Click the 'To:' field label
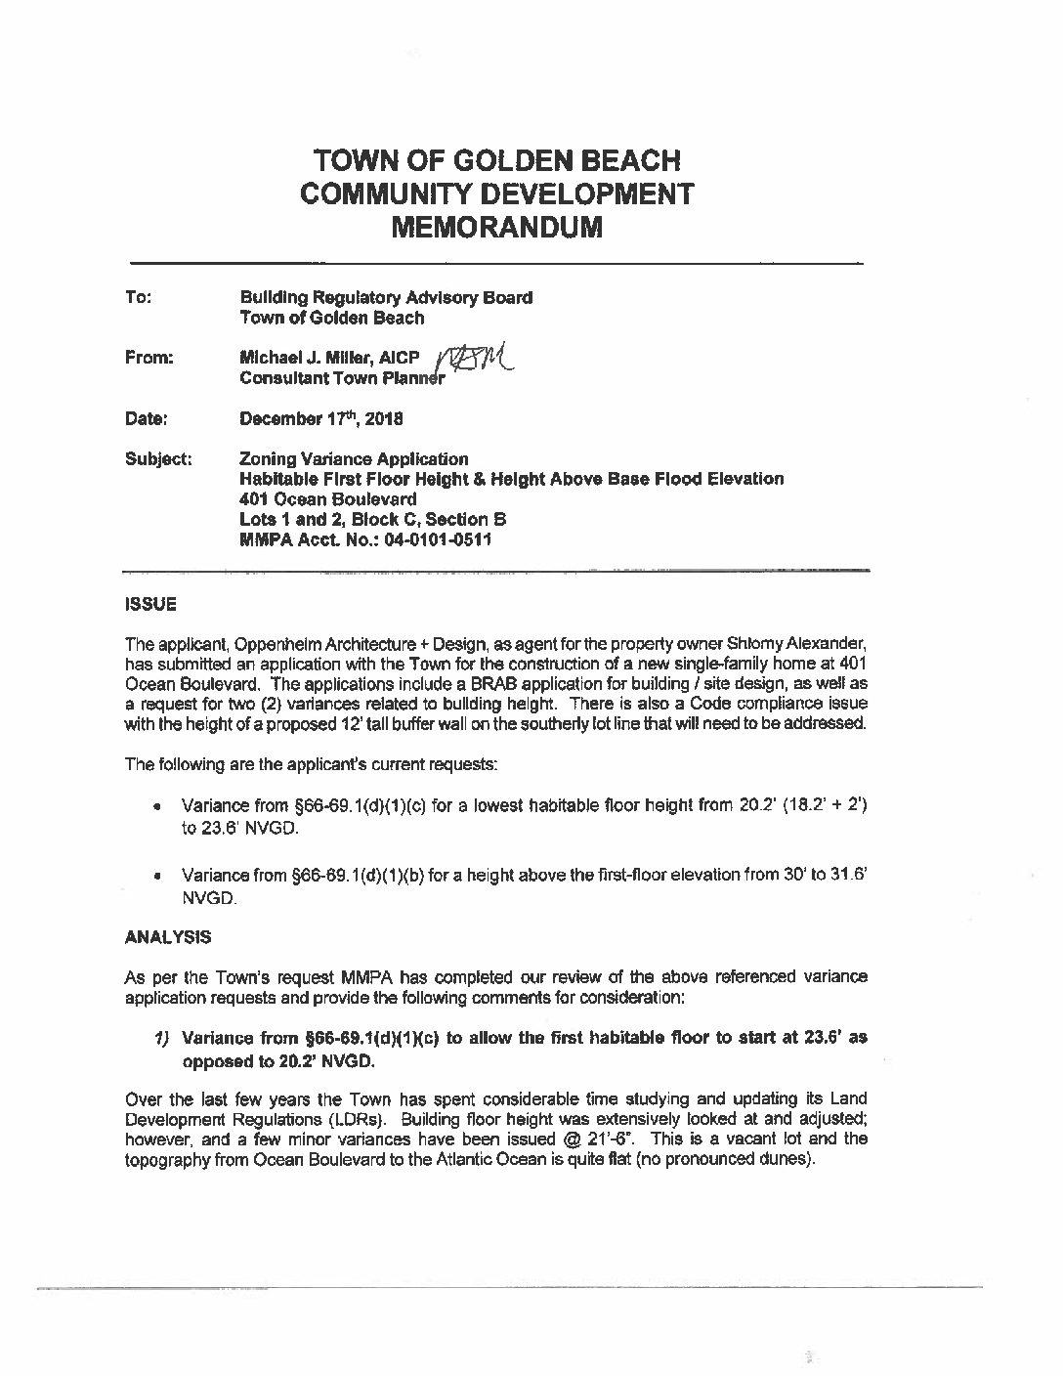137,297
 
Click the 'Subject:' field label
157,458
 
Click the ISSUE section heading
150,604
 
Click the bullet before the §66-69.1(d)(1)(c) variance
156,806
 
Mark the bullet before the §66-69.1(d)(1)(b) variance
156,877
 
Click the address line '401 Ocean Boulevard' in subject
315,498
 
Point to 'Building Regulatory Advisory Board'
386,297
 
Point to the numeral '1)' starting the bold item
164,1039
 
